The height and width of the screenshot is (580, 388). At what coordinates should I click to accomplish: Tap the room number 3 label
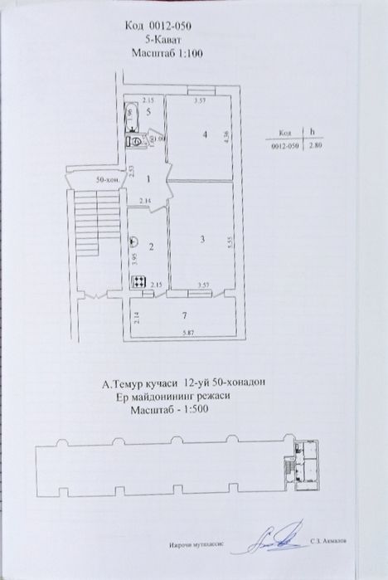pyautogui.click(x=201, y=240)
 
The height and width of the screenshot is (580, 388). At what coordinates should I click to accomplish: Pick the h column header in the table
pyautogui.click(x=312, y=132)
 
